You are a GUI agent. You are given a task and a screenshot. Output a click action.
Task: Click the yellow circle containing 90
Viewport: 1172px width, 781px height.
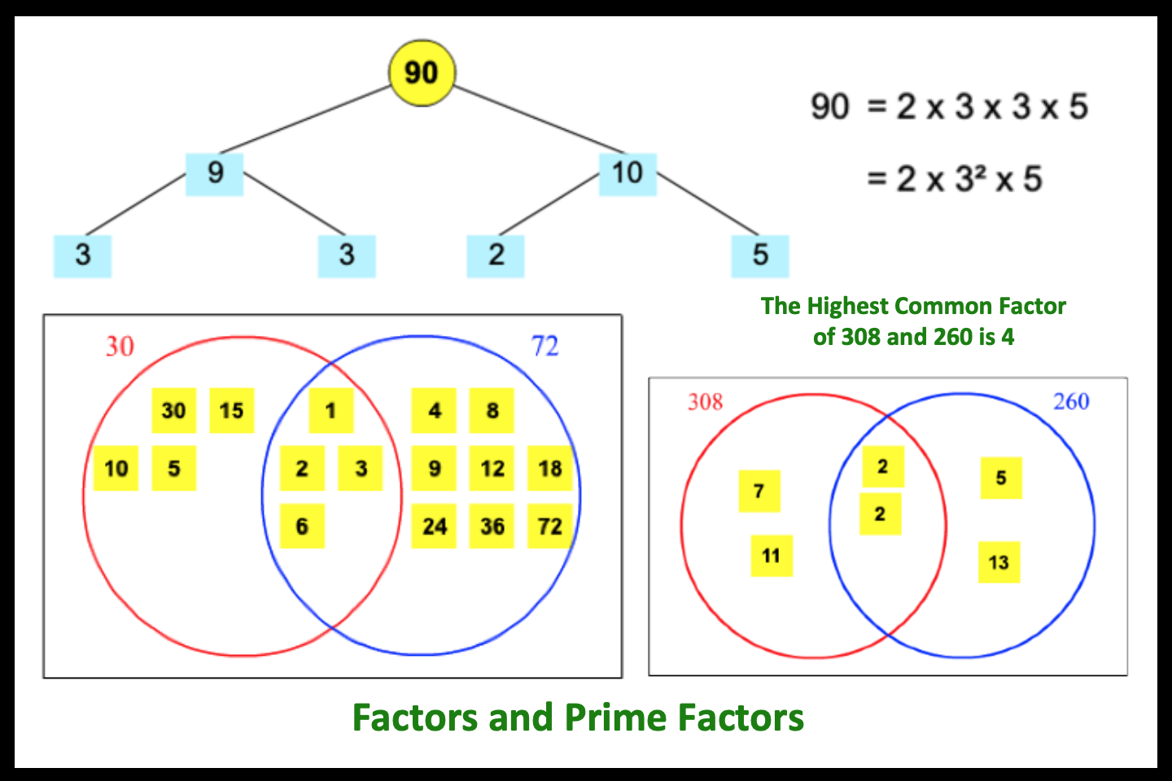(422, 72)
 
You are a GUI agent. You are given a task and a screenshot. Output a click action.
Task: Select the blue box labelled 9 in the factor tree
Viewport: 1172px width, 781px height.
(215, 173)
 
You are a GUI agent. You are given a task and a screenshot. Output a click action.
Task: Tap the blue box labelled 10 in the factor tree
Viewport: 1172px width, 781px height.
(628, 173)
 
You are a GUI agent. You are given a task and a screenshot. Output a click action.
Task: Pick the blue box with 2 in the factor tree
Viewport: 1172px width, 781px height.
(496, 255)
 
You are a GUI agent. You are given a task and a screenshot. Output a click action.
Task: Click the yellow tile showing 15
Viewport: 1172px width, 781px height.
(232, 410)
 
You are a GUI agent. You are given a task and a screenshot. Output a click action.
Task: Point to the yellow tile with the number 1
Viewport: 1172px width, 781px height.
(330, 410)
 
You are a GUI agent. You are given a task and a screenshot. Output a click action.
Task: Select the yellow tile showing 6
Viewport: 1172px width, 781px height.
(302, 526)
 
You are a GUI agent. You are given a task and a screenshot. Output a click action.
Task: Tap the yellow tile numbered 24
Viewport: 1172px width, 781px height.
(434, 526)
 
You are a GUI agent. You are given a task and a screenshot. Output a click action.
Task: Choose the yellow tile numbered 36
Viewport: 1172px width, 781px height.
(492, 526)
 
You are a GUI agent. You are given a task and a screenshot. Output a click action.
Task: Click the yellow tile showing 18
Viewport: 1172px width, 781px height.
(550, 469)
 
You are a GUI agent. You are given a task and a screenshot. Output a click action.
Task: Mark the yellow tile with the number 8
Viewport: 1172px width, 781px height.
(492, 410)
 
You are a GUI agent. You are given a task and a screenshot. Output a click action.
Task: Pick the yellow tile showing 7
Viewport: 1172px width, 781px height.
(759, 491)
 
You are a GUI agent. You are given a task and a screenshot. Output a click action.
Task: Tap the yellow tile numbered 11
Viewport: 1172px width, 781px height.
(772, 556)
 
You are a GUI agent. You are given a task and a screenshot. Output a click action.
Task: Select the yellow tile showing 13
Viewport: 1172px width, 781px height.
(999, 562)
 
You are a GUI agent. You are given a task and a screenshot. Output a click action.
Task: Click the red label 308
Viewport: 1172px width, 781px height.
(705, 402)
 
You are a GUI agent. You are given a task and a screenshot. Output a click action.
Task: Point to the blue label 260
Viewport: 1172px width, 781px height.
(1071, 401)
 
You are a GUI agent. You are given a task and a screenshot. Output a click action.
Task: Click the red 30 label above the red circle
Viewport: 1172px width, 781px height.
(120, 347)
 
